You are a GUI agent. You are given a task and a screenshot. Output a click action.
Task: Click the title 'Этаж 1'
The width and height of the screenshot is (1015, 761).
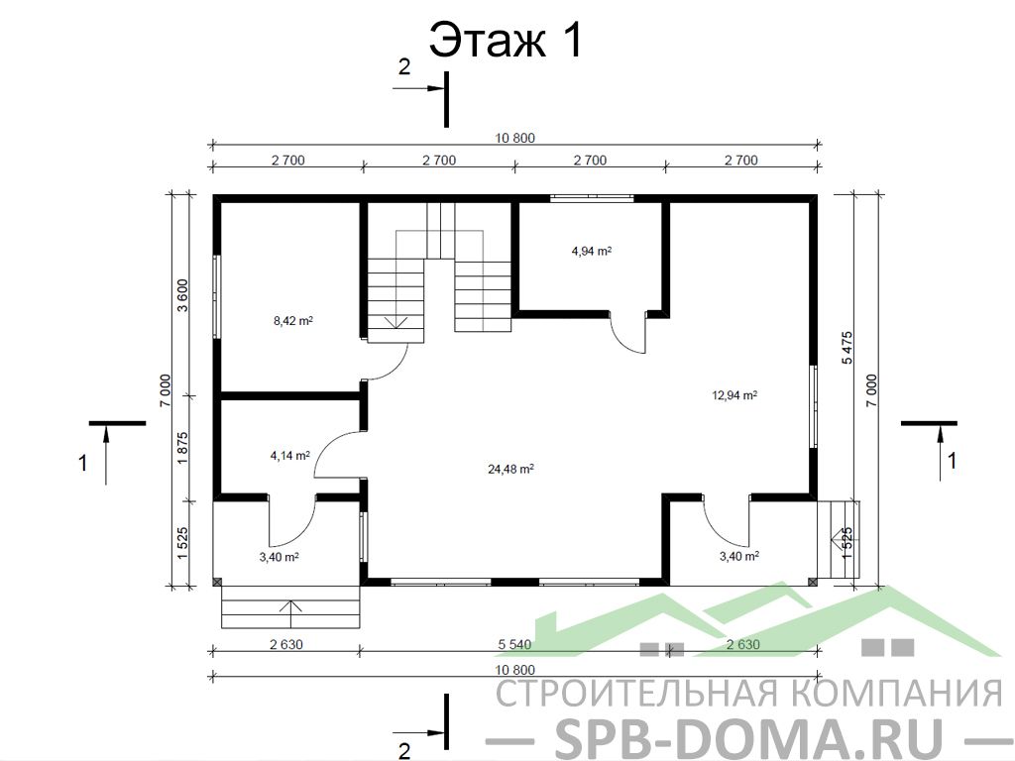click(507, 40)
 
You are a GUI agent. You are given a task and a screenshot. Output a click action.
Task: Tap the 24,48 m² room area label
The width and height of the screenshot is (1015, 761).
click(510, 469)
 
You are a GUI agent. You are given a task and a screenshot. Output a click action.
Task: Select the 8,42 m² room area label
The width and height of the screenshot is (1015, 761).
click(293, 320)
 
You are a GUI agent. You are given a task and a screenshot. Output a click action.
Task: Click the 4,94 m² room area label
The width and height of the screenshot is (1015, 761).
click(592, 251)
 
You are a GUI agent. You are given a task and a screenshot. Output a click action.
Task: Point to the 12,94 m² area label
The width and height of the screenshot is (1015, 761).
click(734, 395)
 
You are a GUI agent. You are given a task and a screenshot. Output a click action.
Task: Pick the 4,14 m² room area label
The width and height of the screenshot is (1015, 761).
click(290, 456)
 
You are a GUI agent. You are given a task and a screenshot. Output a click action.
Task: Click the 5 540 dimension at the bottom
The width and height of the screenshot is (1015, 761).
click(514, 644)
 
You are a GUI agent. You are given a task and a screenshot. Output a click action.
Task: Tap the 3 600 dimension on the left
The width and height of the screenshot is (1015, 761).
click(182, 295)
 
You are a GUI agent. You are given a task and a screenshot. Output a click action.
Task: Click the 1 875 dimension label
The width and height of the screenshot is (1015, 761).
click(182, 448)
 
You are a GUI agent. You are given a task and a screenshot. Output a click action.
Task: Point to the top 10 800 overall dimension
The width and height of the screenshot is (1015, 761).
click(515, 138)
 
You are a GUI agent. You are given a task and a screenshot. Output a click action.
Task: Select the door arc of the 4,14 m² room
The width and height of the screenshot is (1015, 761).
click(327, 447)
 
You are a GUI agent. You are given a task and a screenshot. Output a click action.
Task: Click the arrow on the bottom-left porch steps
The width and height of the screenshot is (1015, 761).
click(291, 613)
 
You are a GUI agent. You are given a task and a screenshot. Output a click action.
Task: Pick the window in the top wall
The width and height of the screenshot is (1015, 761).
click(592, 198)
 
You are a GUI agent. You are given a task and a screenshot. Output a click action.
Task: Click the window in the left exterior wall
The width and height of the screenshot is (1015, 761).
click(217, 295)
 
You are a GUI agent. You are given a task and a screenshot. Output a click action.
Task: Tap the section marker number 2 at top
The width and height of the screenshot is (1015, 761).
click(404, 66)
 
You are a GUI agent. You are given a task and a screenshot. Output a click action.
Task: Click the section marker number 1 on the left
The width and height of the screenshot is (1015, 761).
click(83, 464)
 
